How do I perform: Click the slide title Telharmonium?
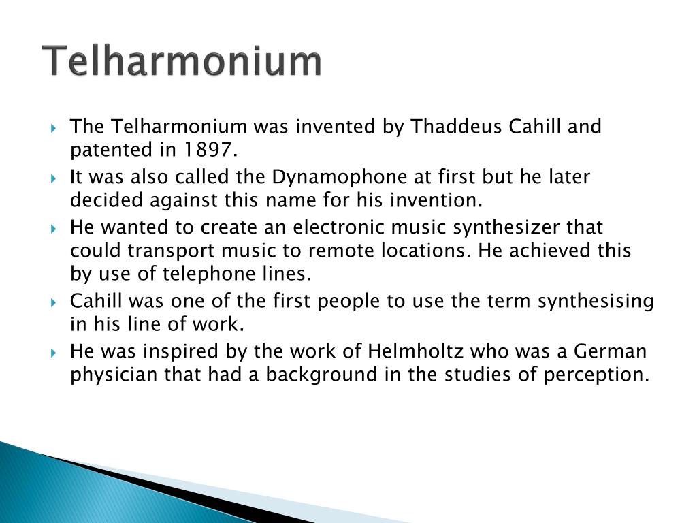point(182,61)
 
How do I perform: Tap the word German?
point(611,351)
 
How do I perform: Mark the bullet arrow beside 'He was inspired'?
point(54,352)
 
